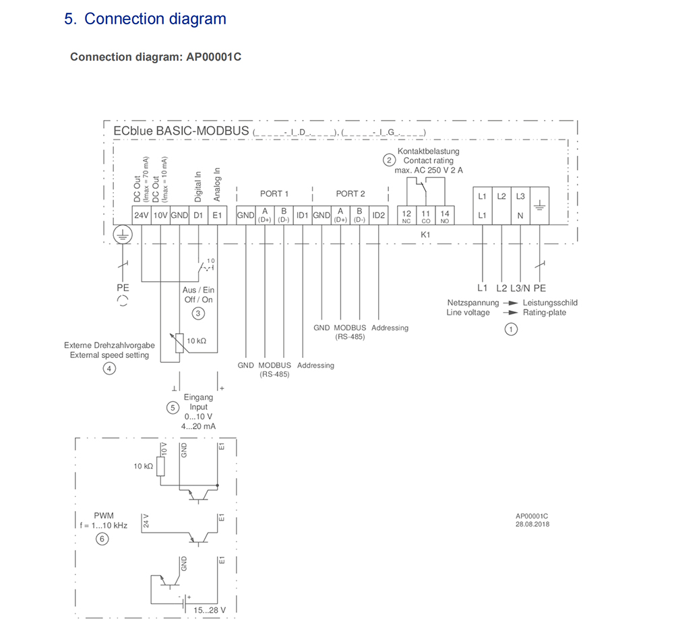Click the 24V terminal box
(x=141, y=215)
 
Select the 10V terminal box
(x=160, y=215)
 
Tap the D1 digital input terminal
(x=198, y=215)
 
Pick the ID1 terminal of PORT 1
(x=303, y=215)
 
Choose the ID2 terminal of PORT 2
(x=379, y=215)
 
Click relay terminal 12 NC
(x=406, y=216)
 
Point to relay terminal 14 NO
(x=444, y=216)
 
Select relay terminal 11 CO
(x=425, y=216)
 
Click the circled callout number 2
(x=389, y=160)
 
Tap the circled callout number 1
(x=512, y=329)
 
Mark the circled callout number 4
(x=109, y=368)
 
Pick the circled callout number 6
(x=102, y=539)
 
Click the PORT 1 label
(x=274, y=193)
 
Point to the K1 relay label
(x=425, y=234)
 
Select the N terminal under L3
(x=520, y=216)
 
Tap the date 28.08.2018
(x=532, y=524)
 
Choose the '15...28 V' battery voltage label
(x=209, y=610)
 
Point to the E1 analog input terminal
(x=216, y=215)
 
